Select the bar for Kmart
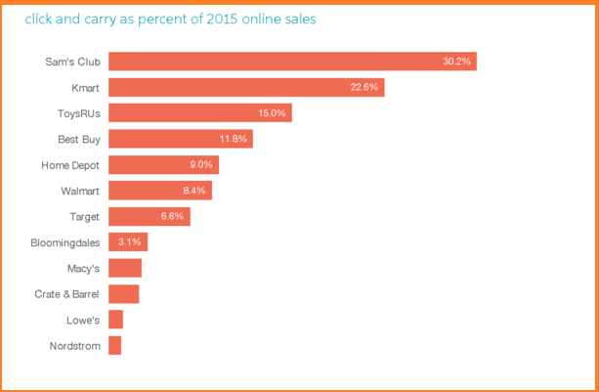[245, 87]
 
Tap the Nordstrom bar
[114, 345]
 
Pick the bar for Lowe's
[115, 320]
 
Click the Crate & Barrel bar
[123, 294]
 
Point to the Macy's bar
[124, 268]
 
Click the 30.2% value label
[456, 62]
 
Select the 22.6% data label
[364, 87]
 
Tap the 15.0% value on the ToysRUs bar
[272, 113]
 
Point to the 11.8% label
[233, 139]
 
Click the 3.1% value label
[130, 241]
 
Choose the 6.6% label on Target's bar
[172, 216]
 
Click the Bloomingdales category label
[65, 241]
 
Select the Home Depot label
[70, 165]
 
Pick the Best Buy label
[79, 139]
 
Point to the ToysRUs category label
[77, 113]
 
